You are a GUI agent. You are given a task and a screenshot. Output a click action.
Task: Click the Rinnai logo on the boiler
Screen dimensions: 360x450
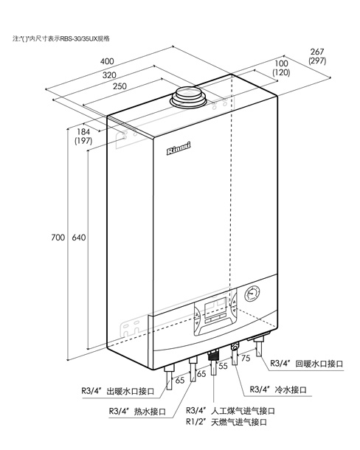point(179,149)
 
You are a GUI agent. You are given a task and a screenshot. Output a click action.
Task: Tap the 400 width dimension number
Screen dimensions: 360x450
point(107,61)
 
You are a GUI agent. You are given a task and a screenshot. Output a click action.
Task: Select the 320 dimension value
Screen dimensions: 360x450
point(109,75)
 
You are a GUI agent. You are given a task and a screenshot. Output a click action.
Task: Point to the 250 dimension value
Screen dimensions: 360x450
point(120,86)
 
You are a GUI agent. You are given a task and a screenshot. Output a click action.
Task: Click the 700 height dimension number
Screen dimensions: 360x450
point(58,238)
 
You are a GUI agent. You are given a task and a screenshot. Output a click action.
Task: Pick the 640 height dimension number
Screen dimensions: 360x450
point(79,238)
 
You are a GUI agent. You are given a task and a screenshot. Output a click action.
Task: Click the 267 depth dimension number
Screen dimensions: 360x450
point(317,52)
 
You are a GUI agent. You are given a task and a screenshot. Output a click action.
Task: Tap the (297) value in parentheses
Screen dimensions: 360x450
point(317,60)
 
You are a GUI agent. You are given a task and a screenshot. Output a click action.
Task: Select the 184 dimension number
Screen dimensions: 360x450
point(83,132)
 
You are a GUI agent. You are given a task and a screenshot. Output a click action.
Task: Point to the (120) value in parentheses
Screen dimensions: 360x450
point(281,72)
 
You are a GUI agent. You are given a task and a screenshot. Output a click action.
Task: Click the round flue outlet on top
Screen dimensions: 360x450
point(189,97)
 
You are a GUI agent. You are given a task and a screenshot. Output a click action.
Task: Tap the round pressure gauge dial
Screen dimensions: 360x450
point(252,294)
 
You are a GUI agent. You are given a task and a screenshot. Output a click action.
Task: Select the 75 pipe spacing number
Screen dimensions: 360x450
point(246,358)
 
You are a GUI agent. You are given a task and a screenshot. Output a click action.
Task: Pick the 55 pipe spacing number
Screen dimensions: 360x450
point(223,366)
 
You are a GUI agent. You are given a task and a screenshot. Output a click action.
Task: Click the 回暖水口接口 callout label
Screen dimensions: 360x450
point(319,364)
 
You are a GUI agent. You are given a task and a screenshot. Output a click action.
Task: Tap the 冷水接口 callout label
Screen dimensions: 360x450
point(291,390)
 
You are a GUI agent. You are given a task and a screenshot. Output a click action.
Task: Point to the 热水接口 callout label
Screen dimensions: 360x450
point(150,412)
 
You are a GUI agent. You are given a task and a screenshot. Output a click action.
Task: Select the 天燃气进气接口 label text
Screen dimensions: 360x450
point(239,422)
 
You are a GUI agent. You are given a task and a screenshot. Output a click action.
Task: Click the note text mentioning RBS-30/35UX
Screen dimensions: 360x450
point(61,38)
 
